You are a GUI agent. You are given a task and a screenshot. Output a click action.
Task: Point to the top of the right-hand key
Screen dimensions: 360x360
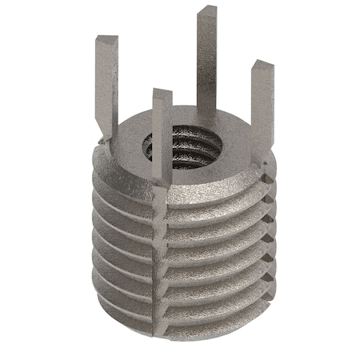coord(260,66)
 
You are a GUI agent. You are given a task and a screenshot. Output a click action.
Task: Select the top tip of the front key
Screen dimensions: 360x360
coord(162,94)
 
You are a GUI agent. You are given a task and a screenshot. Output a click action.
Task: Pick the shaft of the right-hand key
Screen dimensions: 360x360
coord(259,104)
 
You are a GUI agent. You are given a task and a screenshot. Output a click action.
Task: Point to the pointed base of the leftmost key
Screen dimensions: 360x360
coord(107,132)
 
